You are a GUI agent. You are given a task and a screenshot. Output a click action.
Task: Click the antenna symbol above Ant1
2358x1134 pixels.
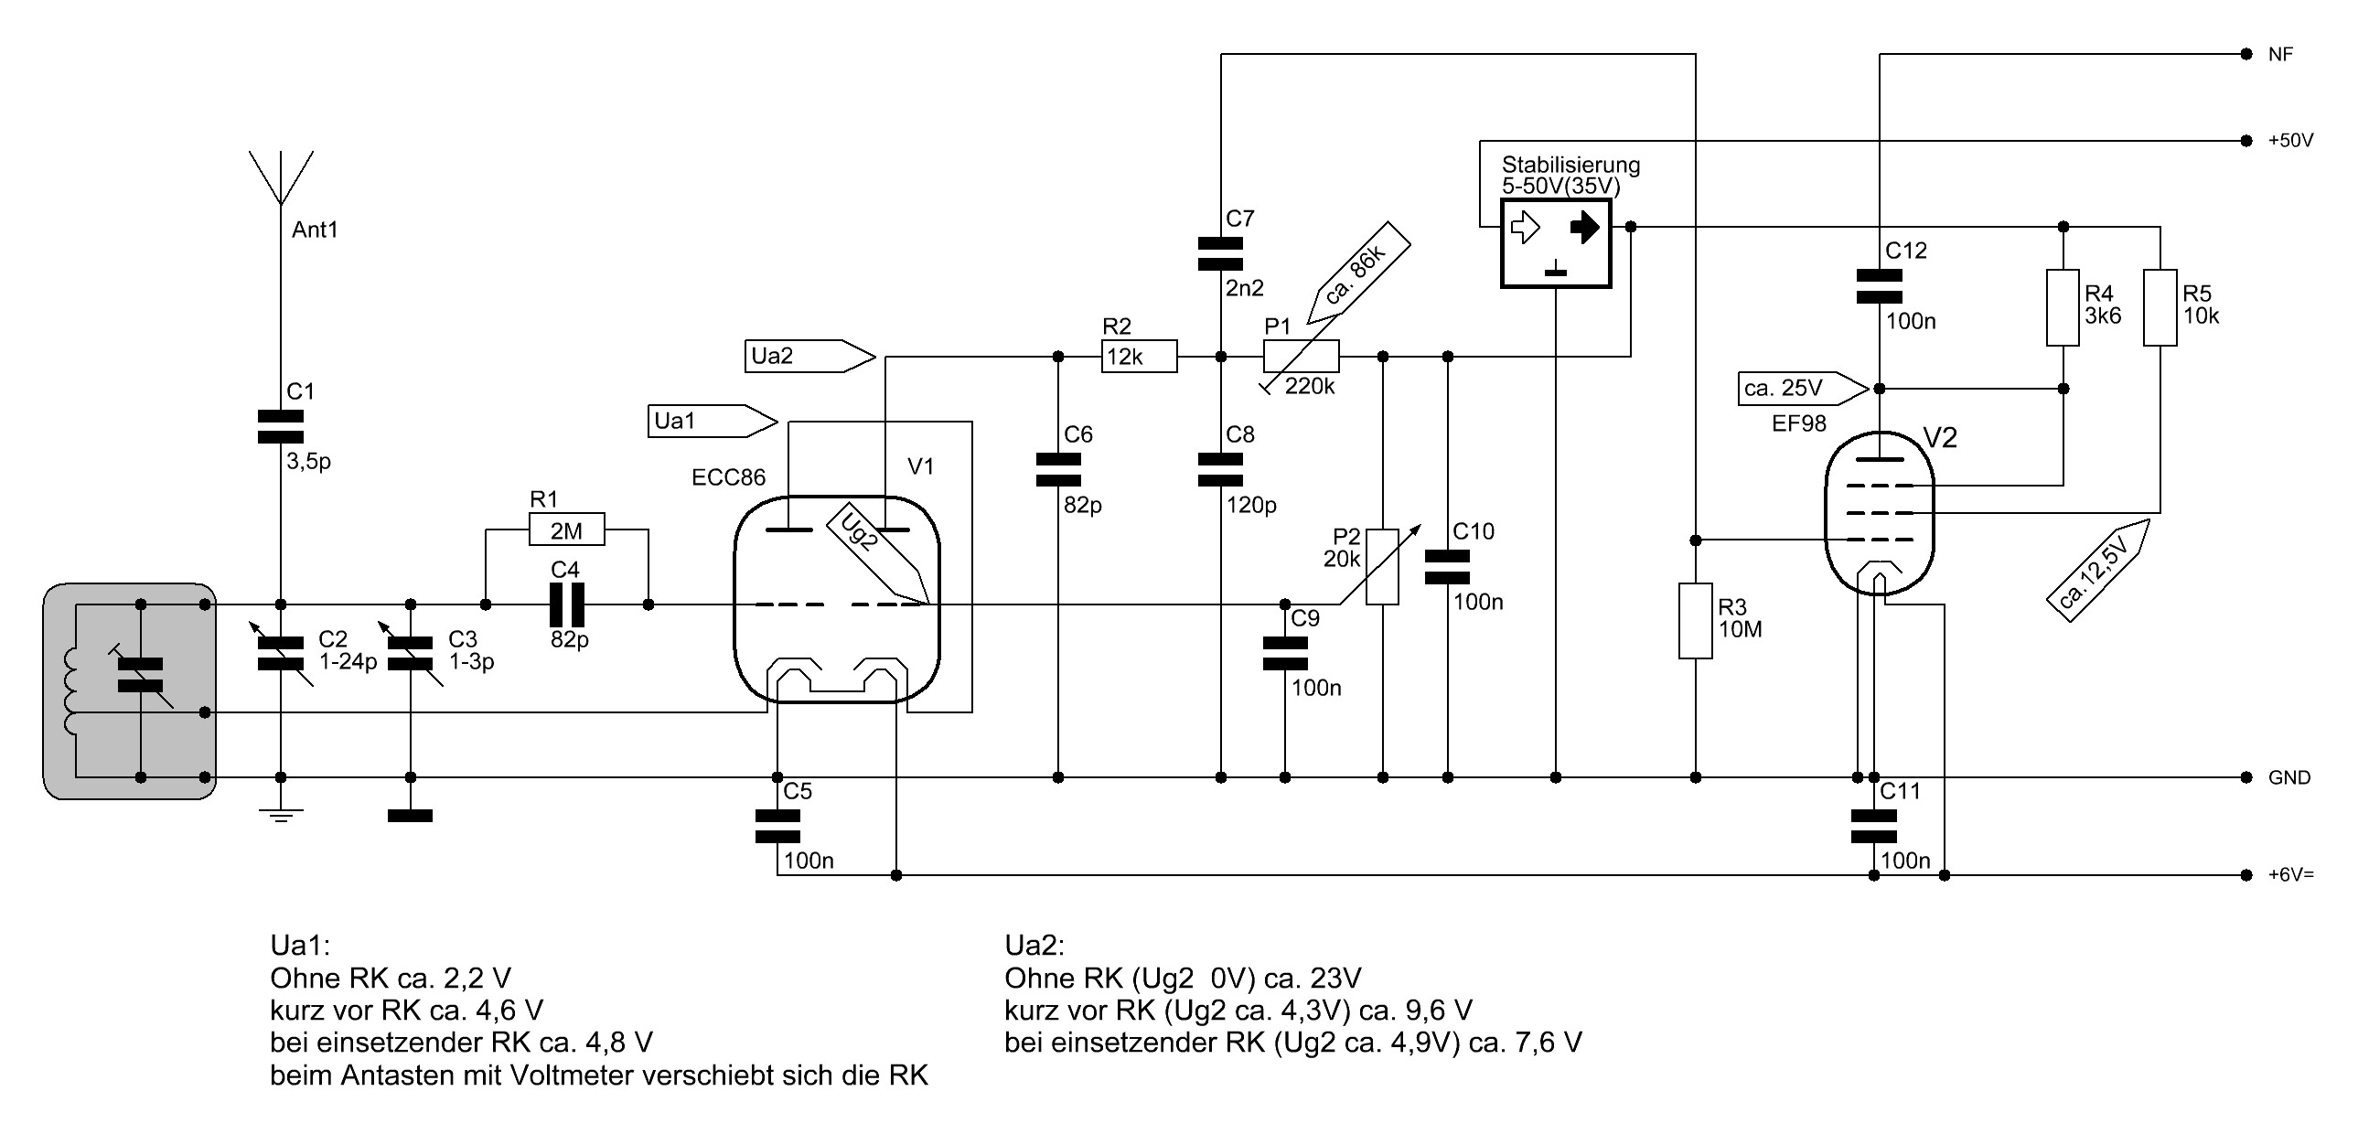tap(281, 178)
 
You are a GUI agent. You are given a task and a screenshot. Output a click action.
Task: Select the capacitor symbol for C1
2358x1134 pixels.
tap(281, 426)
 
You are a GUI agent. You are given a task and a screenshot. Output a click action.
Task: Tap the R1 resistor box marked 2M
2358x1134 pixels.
tap(566, 530)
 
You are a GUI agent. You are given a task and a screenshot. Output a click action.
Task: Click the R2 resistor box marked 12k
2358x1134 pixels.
tap(1139, 356)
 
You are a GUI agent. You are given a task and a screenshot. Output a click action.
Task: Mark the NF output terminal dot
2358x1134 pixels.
tap(2246, 55)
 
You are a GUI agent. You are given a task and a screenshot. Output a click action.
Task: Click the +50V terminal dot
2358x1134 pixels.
tap(2246, 141)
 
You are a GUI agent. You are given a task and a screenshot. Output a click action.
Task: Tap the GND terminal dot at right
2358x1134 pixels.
tap(2246, 777)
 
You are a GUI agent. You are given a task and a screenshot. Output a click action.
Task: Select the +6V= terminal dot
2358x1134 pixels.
tap(2246, 875)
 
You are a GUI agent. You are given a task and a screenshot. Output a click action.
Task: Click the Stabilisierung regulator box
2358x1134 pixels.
tap(1556, 244)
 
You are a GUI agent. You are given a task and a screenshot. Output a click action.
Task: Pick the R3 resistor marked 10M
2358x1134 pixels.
tap(1695, 621)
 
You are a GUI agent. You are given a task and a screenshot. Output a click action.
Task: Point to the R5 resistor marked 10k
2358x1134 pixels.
tap(2160, 307)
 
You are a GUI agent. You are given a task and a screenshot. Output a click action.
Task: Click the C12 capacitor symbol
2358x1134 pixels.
tap(1880, 285)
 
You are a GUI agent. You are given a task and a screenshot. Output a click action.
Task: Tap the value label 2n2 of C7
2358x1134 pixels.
tap(1245, 289)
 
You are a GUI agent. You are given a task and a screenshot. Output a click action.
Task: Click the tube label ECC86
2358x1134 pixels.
tap(729, 477)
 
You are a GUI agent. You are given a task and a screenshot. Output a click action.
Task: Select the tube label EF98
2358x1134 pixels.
tap(1799, 423)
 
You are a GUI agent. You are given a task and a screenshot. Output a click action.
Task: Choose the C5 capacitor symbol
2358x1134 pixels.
tap(777, 826)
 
